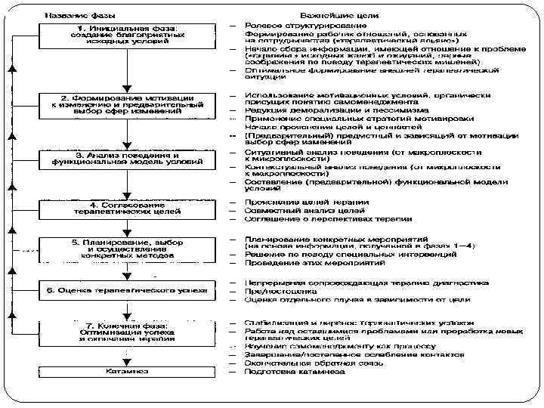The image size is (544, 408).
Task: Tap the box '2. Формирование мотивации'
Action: (127, 104)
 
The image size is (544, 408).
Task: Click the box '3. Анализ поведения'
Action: (127, 157)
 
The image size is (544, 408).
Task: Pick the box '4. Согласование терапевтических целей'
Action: (127, 209)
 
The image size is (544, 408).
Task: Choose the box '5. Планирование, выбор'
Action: (127, 249)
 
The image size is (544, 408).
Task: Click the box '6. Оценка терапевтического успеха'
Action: (127, 289)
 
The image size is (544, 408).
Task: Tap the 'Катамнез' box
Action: (127, 372)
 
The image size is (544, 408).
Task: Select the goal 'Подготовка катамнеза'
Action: (295, 371)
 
